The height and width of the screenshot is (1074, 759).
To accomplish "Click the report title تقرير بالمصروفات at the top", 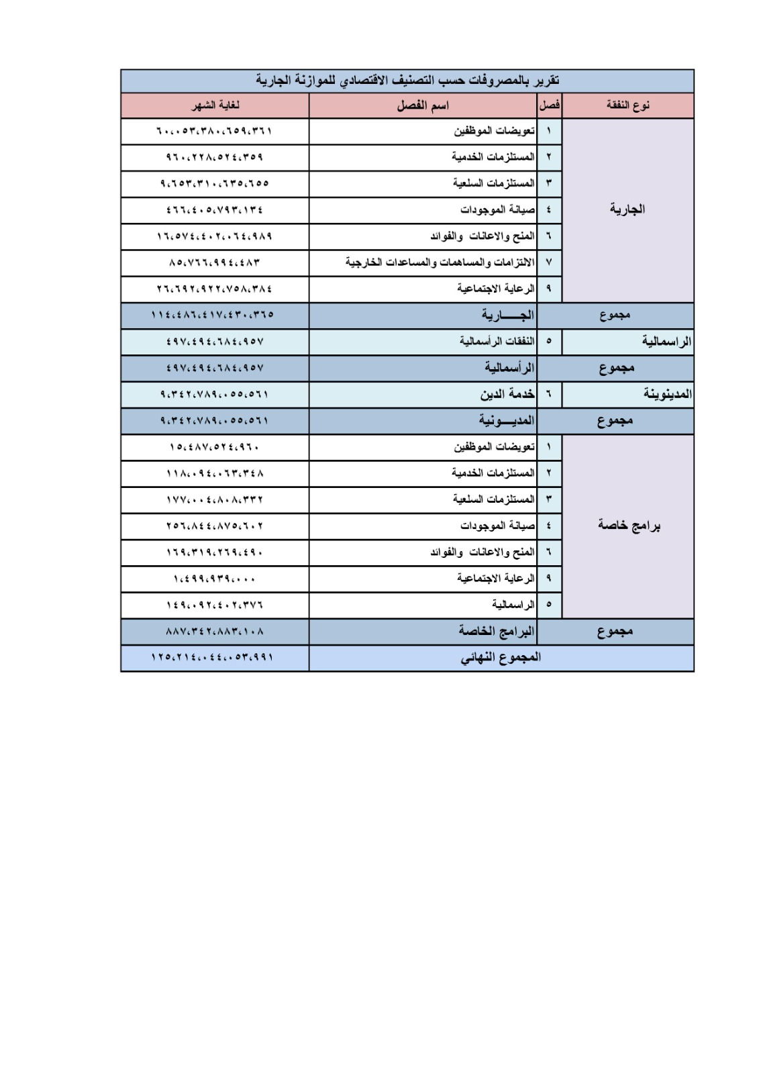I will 407,81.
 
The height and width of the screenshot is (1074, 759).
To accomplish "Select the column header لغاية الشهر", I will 215,106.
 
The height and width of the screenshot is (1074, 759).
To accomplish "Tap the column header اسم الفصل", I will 423,106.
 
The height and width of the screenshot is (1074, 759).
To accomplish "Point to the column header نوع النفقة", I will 627,106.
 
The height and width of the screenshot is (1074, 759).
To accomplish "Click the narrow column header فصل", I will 550,106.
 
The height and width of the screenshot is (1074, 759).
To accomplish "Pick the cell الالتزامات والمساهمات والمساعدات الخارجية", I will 440,262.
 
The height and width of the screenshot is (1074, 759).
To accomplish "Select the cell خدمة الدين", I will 507,394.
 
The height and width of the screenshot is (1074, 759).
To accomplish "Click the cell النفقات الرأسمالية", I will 497,342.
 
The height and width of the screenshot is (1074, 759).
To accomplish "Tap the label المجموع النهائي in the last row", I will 501,658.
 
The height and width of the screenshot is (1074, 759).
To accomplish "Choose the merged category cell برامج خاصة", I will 629,526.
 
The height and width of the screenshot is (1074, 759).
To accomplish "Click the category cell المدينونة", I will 667,394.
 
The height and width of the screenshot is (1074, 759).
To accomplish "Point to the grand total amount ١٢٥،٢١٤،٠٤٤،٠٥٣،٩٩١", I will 213,658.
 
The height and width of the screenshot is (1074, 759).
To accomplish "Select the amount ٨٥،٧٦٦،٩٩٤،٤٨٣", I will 215,262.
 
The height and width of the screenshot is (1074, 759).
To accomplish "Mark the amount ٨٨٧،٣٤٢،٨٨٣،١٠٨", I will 215,632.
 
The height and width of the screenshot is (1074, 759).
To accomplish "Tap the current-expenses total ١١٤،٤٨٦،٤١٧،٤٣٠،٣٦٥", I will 213,315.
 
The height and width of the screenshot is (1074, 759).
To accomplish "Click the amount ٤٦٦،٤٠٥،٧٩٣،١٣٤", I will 215,210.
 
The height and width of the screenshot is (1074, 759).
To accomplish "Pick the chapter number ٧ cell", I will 549,262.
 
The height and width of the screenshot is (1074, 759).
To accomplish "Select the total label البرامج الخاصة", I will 497,632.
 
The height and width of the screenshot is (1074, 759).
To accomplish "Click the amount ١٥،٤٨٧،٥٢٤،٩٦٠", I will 215,447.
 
